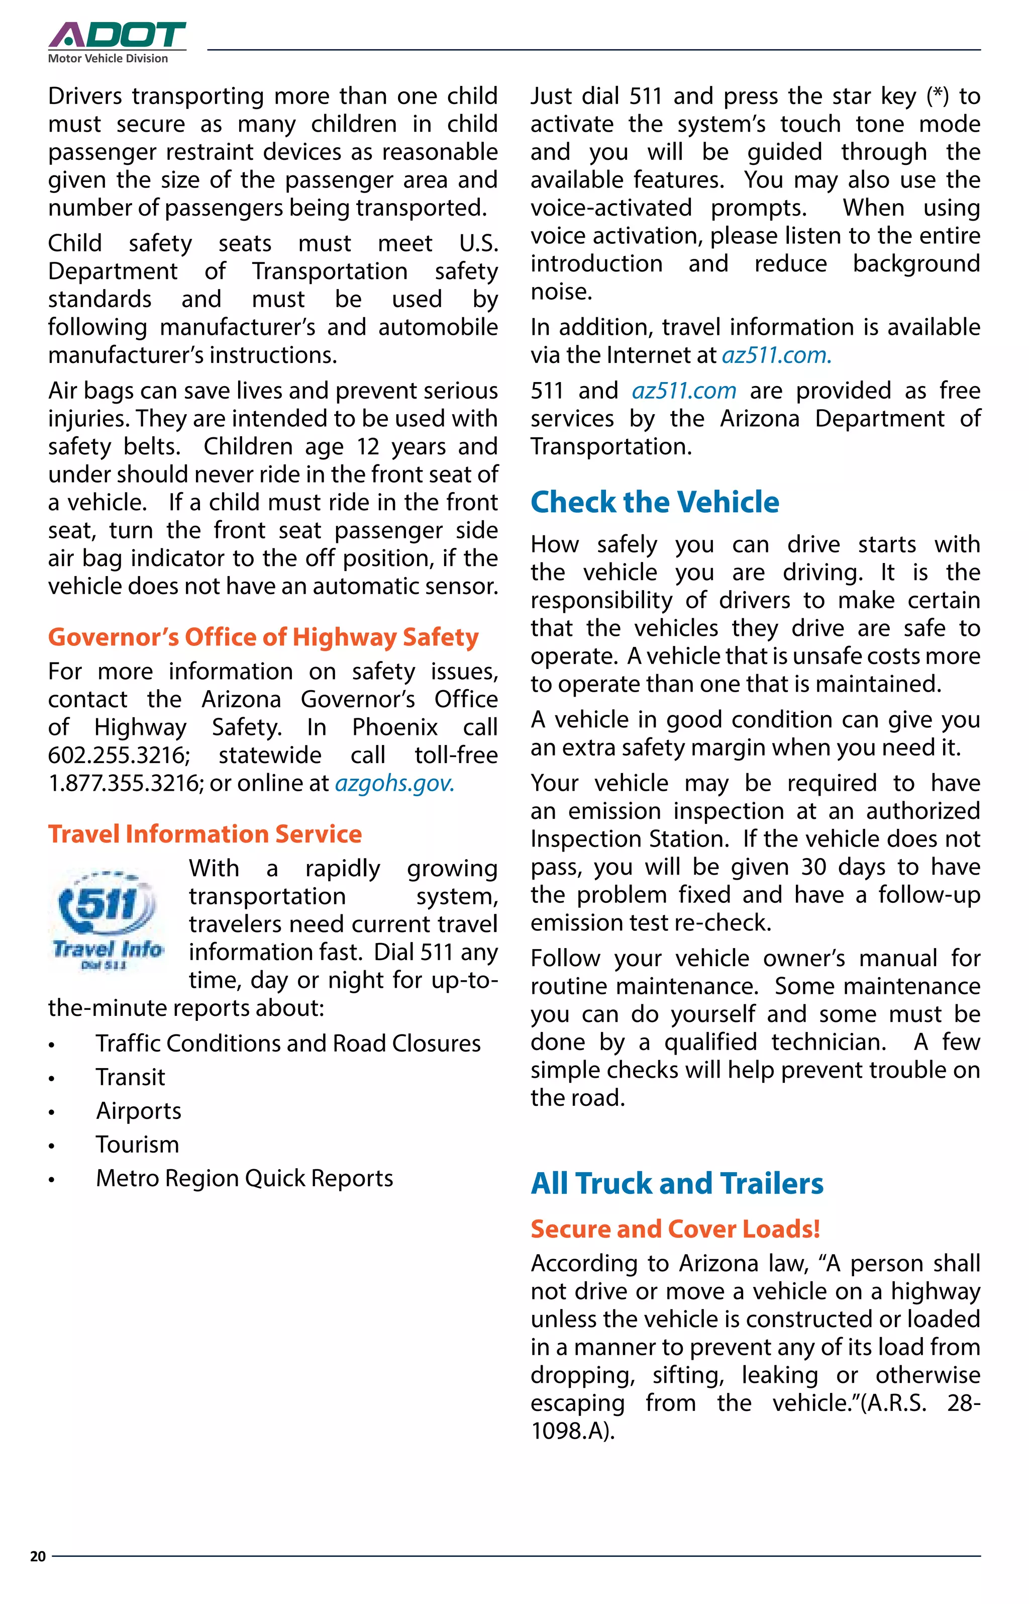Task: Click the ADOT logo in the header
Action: click(117, 35)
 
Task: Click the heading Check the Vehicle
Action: click(654, 502)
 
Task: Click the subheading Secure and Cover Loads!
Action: click(675, 1229)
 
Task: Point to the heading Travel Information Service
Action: click(204, 833)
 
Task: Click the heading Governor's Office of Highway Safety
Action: click(263, 637)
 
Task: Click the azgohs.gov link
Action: click(394, 783)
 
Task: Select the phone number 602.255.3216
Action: click(118, 755)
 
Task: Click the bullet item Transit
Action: click(130, 1077)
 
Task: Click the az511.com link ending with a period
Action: click(776, 355)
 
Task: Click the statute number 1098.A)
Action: click(572, 1431)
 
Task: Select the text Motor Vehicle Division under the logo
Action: click(108, 59)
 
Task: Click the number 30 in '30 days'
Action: click(813, 867)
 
